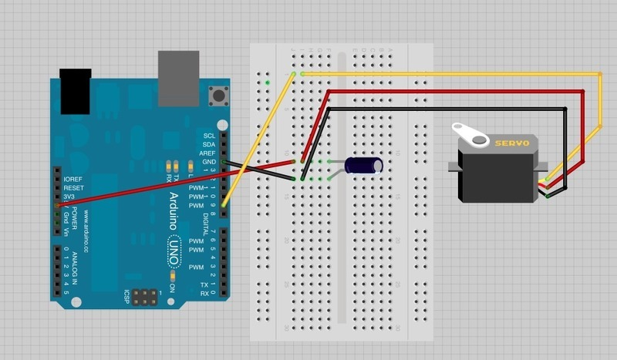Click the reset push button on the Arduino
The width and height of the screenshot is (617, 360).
pyautogui.click(x=224, y=96)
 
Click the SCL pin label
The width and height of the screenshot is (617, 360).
pyautogui.click(x=208, y=135)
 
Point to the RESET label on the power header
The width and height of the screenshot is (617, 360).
pyautogui.click(x=73, y=187)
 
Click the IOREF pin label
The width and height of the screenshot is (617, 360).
pyautogui.click(x=72, y=179)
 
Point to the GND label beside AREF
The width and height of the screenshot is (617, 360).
pyautogui.click(x=207, y=163)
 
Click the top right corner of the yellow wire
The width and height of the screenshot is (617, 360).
pyautogui.click(x=600, y=74)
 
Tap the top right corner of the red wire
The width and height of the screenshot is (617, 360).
pyautogui.click(x=583, y=91)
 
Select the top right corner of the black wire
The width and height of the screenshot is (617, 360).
pyautogui.click(x=567, y=109)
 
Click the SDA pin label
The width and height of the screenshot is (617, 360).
pyautogui.click(x=208, y=144)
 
